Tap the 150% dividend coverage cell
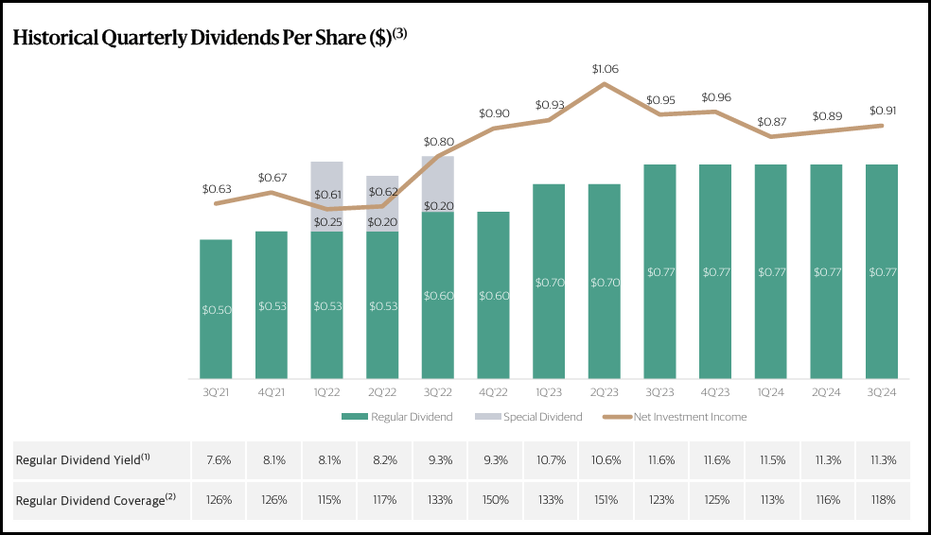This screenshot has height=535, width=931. click(493, 500)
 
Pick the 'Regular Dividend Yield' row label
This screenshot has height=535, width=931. click(84, 459)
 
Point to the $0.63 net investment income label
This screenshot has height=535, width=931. click(217, 189)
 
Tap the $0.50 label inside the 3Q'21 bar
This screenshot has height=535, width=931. click(215, 309)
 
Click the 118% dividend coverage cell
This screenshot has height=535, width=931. click(882, 500)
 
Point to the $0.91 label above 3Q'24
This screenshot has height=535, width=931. click(882, 111)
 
